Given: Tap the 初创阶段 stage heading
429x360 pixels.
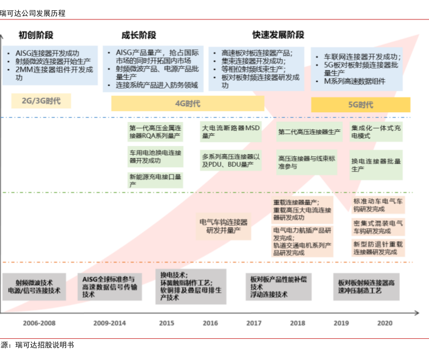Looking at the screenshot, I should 36,35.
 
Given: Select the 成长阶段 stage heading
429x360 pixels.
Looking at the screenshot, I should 139,35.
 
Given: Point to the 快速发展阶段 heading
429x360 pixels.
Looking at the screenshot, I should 278,35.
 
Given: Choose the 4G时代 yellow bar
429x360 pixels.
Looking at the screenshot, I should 188,104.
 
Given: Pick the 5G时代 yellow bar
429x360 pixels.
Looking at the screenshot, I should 361,104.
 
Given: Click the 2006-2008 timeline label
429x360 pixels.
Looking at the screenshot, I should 39,323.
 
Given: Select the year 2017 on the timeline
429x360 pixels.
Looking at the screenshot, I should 254,323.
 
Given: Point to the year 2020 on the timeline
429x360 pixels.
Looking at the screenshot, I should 385,323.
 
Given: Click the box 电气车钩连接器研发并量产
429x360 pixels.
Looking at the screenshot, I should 223,226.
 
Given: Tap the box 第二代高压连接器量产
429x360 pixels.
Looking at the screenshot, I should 309,132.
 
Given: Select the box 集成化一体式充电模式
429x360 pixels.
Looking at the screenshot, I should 377,132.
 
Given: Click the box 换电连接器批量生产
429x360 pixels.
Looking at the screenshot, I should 377,165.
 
